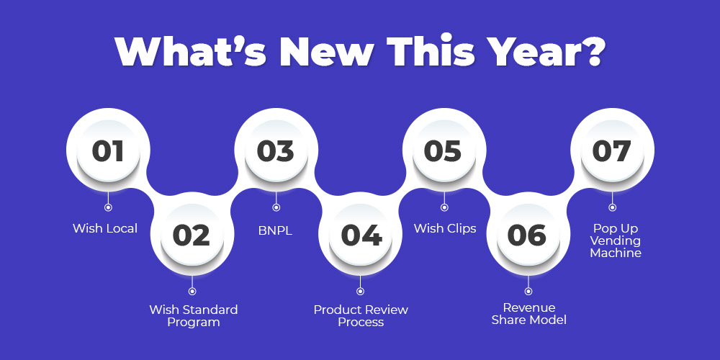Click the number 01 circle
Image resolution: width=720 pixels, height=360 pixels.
coord(108,150)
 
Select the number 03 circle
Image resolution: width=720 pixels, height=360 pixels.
coord(276,150)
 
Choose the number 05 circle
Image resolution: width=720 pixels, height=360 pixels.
coord(444,150)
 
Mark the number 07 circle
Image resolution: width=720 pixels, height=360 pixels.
coord(612,150)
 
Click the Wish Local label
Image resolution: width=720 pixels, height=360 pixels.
coord(105,228)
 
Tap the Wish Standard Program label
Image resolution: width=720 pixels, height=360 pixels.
coord(193,315)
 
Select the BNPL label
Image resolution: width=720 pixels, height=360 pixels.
coord(275,230)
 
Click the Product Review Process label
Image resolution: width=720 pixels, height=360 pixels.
coord(361,315)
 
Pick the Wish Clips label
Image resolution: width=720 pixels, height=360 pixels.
coord(445,229)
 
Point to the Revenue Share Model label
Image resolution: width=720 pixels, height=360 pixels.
coord(529,314)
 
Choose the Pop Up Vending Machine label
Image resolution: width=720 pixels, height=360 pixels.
coord(616,240)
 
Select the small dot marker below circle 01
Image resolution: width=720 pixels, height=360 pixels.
coord(108,207)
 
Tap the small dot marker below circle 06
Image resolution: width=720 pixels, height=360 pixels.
coord(528,291)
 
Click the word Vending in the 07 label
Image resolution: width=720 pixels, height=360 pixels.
coord(616,240)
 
